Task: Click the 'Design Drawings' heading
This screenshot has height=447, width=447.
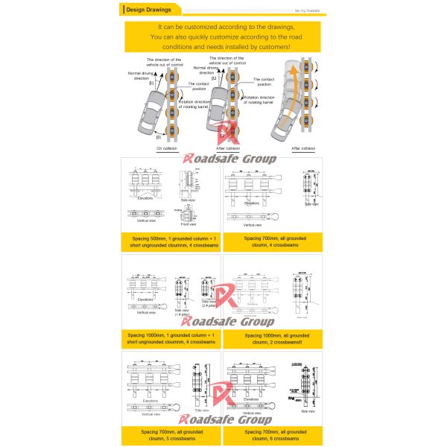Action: point(150,10)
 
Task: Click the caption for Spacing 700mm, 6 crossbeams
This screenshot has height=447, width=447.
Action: point(273,435)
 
